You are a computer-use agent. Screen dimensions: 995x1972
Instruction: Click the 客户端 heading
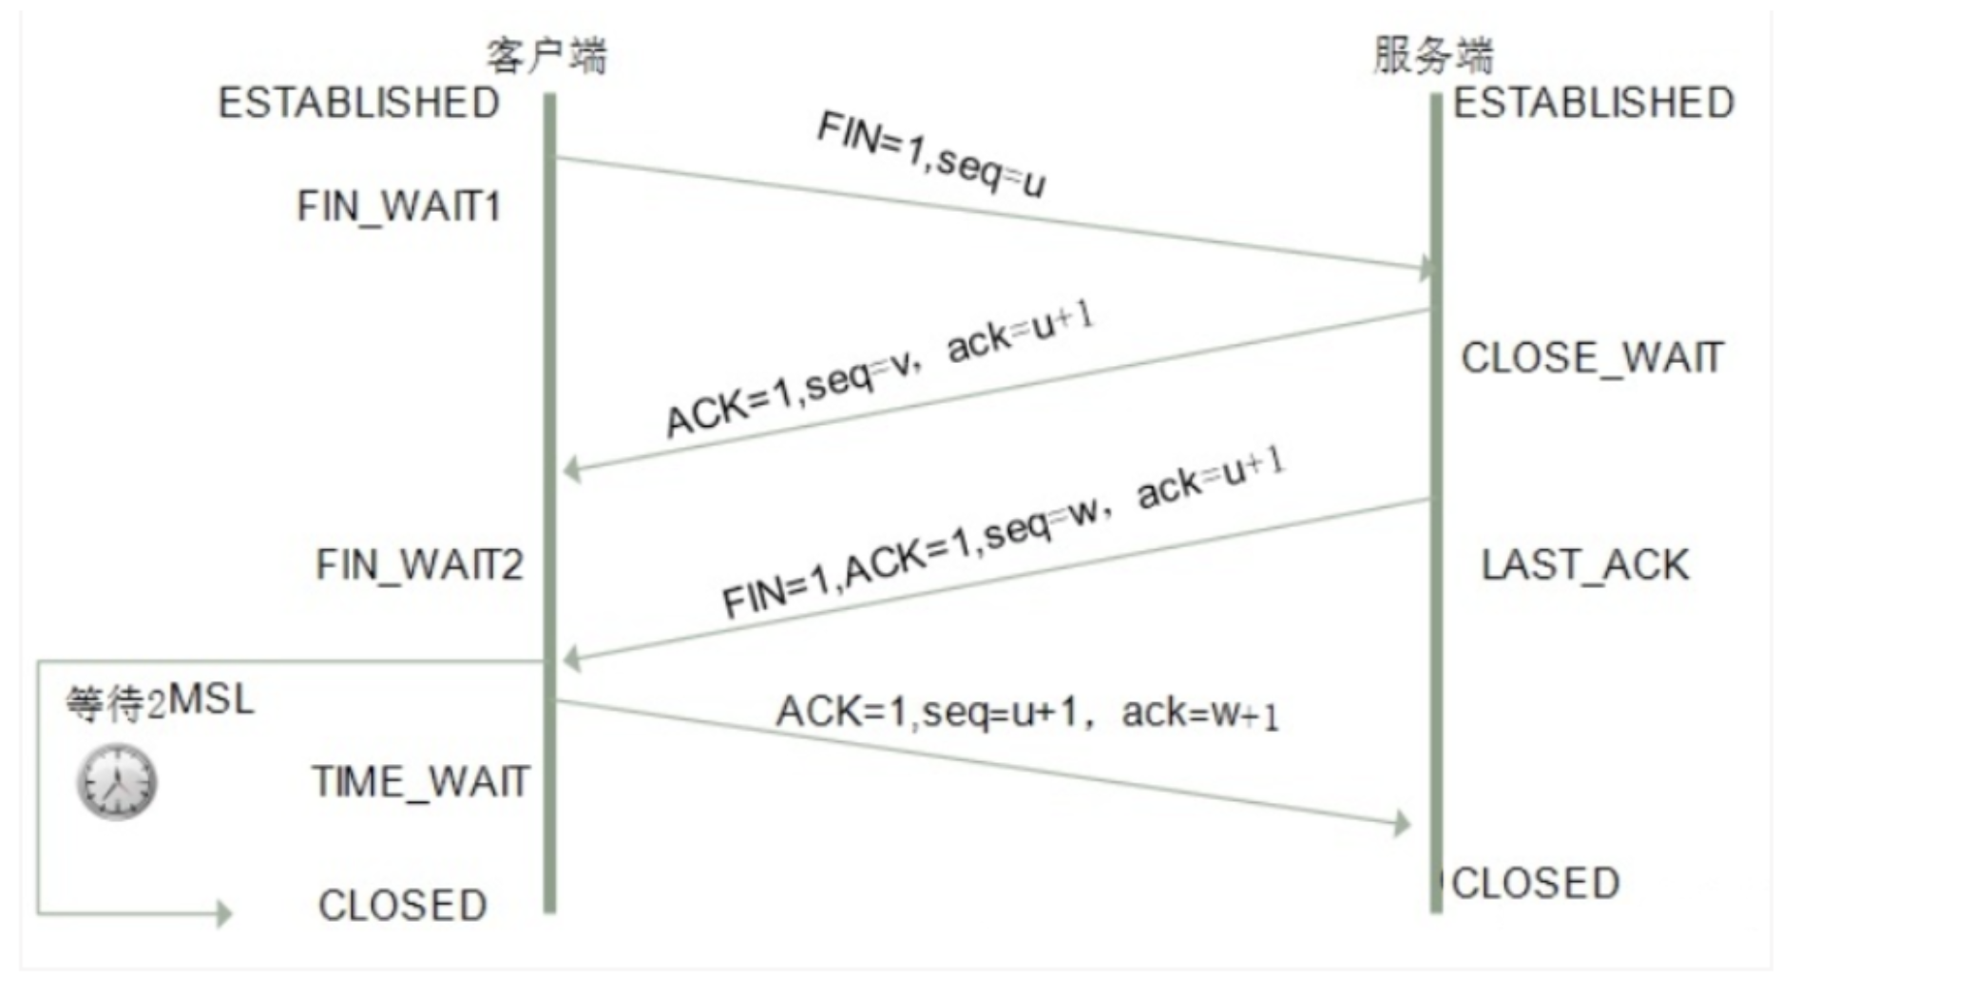pyautogui.click(x=546, y=55)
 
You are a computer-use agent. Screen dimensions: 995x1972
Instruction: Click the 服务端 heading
pyautogui.click(x=1433, y=55)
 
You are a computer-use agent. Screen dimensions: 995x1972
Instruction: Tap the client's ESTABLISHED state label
pyautogui.click(x=359, y=103)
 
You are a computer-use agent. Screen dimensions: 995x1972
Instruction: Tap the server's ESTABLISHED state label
pyautogui.click(x=1594, y=103)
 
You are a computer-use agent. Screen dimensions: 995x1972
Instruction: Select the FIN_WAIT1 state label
pyautogui.click(x=399, y=206)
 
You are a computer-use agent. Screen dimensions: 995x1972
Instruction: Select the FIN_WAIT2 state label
pyautogui.click(x=419, y=564)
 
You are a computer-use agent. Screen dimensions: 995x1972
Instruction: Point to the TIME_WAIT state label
pyautogui.click(x=420, y=782)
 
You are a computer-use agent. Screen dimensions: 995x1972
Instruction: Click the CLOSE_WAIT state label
pyautogui.click(x=1592, y=358)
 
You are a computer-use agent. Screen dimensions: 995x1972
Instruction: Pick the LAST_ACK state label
pyautogui.click(x=1585, y=565)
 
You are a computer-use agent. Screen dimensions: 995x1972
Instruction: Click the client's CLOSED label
pyautogui.click(x=403, y=906)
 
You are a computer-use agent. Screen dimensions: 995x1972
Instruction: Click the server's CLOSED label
pyautogui.click(x=1536, y=884)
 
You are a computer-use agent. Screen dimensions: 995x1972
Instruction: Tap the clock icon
pyautogui.click(x=117, y=782)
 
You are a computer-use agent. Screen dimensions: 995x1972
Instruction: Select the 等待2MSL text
pyautogui.click(x=160, y=702)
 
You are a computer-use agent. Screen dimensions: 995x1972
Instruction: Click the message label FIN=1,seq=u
pyautogui.click(x=931, y=154)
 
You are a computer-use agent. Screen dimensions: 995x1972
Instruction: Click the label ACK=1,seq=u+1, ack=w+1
pyautogui.click(x=1027, y=713)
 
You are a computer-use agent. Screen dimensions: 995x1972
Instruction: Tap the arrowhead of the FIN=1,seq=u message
pyautogui.click(x=1426, y=268)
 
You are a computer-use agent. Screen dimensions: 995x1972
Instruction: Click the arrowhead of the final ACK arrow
pyautogui.click(x=1402, y=823)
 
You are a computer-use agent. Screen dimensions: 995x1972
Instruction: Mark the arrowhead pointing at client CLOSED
pyautogui.click(x=223, y=913)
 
